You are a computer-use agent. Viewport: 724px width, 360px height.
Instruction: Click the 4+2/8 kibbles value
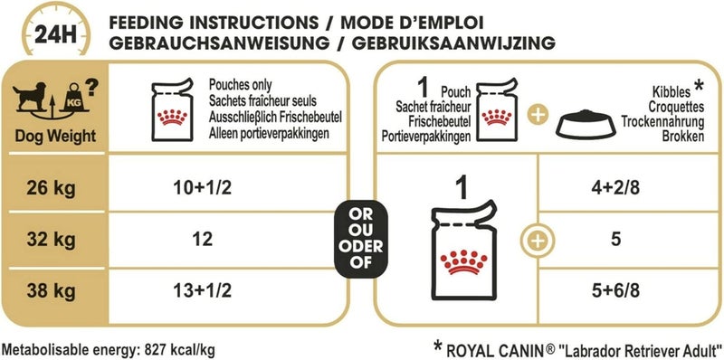click(x=614, y=191)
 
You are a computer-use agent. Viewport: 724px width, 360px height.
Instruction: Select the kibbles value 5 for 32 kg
click(x=614, y=241)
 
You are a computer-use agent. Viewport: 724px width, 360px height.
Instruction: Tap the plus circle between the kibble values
click(x=538, y=241)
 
